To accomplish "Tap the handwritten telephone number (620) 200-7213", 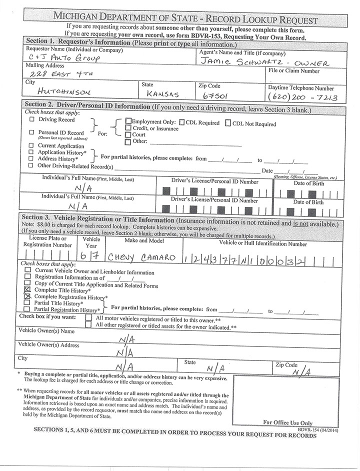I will [x=302, y=95].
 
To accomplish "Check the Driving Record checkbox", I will [x=32, y=120].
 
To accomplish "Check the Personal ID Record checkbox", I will [x=32, y=133].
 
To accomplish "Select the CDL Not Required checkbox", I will [x=228, y=123].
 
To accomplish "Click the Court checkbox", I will [x=128, y=134].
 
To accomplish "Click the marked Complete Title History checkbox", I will [x=27, y=289].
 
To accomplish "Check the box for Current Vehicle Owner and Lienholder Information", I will [x=28, y=270].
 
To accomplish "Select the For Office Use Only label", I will [x=287, y=422].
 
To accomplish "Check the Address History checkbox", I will [x=32, y=158].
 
